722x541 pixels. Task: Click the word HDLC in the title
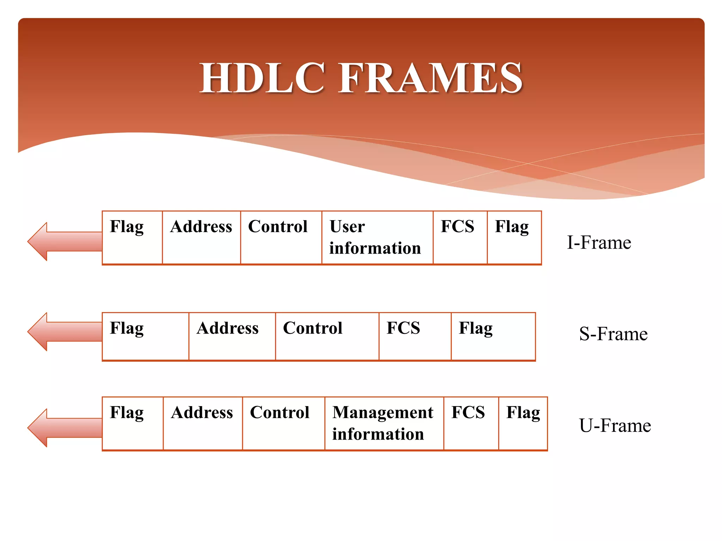(262, 78)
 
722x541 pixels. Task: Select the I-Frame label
(599, 243)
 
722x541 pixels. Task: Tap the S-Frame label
(613, 334)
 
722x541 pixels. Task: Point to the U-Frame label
(614, 425)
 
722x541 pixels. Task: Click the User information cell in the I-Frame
(377, 237)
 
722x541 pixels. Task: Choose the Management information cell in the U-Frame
(384, 423)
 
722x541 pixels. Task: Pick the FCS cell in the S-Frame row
(415, 336)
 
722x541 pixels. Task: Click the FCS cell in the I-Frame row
(460, 237)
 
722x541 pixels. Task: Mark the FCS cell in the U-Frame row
(471, 423)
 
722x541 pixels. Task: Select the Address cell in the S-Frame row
(232, 336)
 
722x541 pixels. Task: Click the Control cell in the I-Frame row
(281, 237)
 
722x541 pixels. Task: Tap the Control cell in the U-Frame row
(283, 423)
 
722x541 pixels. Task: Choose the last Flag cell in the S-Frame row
(493, 336)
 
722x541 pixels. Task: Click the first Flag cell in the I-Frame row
(132, 237)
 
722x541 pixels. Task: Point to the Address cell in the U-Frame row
(202, 423)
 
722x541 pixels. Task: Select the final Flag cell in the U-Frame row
(523, 423)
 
